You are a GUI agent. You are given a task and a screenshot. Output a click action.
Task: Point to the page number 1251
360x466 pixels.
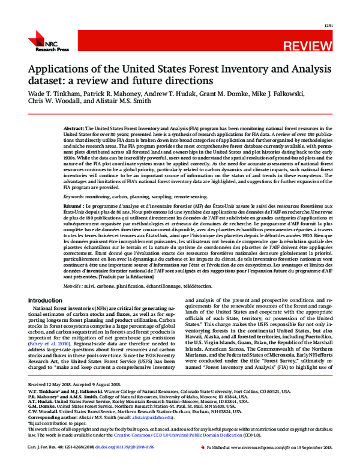pos(328,26)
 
